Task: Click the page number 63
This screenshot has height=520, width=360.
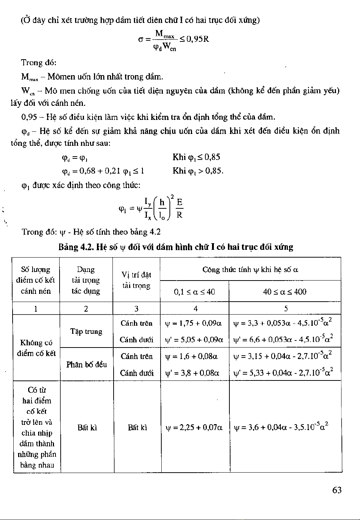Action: (x=337, y=490)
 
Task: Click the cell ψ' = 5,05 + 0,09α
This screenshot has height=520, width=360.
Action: (x=194, y=339)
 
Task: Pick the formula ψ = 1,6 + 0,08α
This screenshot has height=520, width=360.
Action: (x=191, y=356)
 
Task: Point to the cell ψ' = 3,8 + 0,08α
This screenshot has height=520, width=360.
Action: (x=192, y=373)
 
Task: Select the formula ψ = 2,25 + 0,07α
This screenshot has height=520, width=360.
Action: (x=194, y=427)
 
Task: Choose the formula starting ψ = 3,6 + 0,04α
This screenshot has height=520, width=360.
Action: (x=281, y=427)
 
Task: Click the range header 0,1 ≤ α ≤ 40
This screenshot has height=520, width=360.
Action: (x=194, y=292)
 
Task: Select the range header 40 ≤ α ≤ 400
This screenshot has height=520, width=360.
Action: (x=285, y=292)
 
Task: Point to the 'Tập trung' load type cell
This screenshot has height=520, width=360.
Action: (x=86, y=331)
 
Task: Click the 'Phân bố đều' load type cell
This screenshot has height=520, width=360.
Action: (x=87, y=365)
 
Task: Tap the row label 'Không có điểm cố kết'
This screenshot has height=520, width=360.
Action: (x=36, y=348)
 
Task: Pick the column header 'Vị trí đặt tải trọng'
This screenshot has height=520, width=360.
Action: (x=137, y=280)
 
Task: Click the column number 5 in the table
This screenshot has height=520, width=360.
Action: (x=286, y=309)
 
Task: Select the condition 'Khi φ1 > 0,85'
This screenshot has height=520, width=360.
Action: (x=198, y=171)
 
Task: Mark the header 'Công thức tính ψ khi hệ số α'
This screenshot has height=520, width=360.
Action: (x=250, y=269)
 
